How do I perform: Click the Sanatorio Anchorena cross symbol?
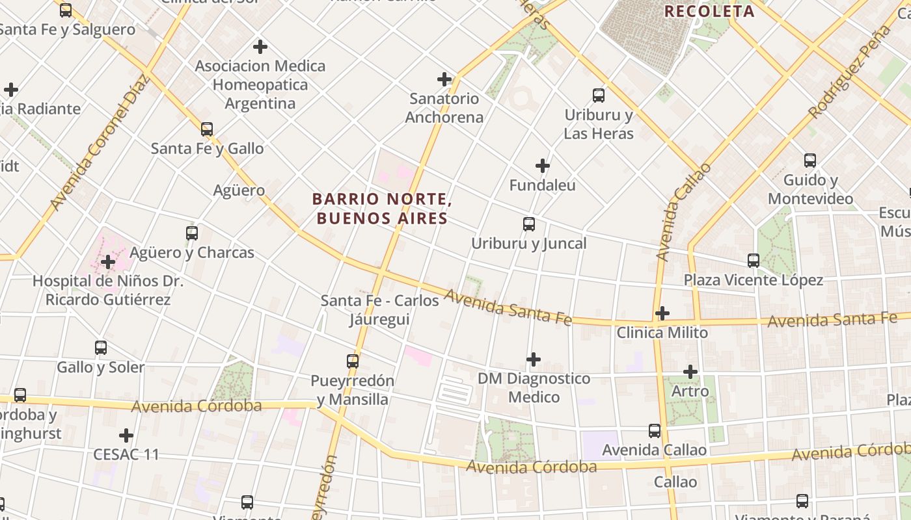444,79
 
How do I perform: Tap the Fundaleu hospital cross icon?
542,166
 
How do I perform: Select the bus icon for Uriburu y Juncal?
529,224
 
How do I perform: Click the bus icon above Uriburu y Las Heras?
599,96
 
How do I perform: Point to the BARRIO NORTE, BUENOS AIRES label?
382,208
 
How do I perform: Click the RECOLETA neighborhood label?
709,11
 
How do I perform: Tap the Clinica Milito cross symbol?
662,313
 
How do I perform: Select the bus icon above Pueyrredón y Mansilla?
353,361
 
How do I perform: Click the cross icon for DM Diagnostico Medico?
534,359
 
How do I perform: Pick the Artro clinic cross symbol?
690,372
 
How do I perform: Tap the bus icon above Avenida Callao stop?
655,430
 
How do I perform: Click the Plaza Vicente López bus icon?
754,261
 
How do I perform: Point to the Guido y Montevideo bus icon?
810,160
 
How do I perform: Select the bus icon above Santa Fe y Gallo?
207,129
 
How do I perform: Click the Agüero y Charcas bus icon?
192,233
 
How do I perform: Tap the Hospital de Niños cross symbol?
108,262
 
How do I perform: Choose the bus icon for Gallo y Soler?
101,347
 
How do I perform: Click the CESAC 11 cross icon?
126,435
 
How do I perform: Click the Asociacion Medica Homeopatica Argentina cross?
260,47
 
